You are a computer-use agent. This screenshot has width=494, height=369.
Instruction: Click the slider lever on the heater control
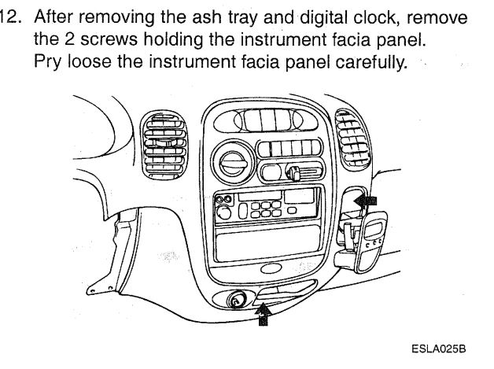[x=298, y=172]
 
